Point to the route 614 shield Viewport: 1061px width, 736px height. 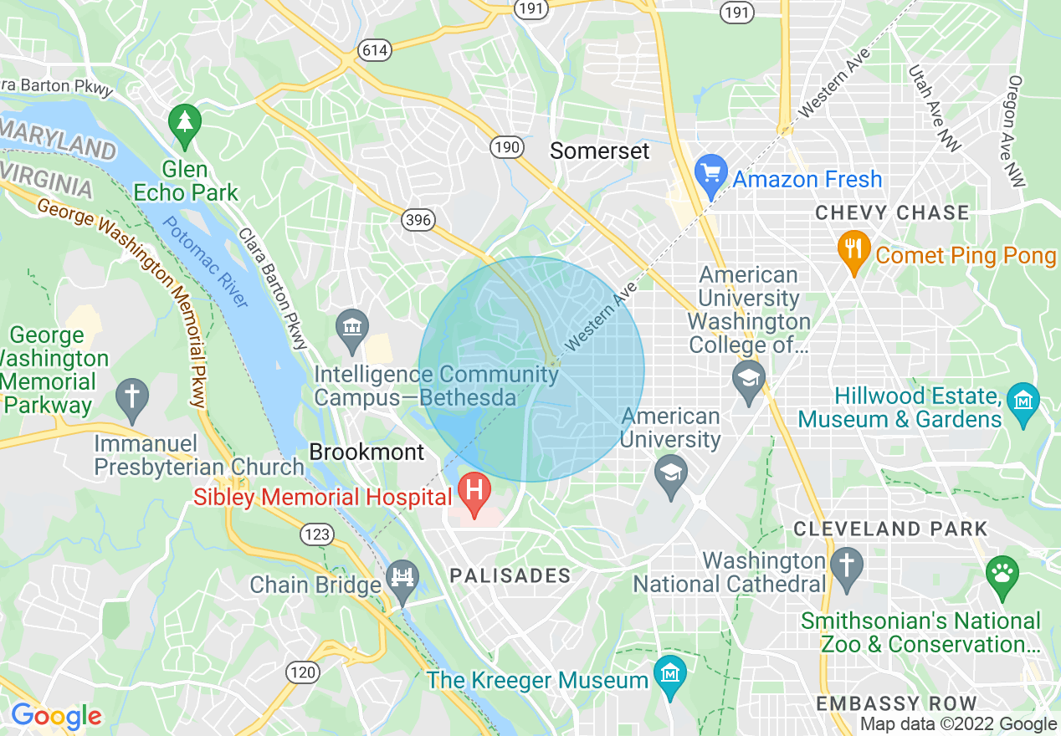pyautogui.click(x=375, y=50)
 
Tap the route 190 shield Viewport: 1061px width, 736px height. pyautogui.click(x=507, y=147)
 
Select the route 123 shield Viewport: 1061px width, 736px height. pyautogui.click(x=319, y=534)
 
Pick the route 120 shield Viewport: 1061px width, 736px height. pyautogui.click(x=303, y=671)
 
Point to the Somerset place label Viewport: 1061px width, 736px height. pyautogui.click(x=599, y=151)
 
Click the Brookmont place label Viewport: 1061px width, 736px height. pyautogui.click(x=367, y=452)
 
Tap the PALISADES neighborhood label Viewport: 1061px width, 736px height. pyautogui.click(x=510, y=575)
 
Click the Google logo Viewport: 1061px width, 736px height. pyautogui.click(x=56, y=716)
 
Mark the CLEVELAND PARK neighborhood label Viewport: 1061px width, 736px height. pyautogui.click(x=890, y=529)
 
